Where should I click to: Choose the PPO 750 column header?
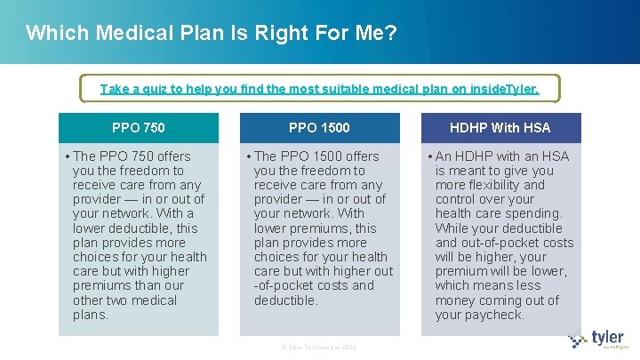139,128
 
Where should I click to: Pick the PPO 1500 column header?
319,128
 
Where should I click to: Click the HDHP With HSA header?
500,128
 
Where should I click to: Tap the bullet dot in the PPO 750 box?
68,156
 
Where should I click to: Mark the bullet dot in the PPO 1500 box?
249,156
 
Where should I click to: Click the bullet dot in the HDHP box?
429,156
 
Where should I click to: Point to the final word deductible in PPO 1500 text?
285,300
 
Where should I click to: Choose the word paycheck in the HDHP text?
494,315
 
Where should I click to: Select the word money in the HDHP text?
456,300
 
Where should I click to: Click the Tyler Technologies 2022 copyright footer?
319,347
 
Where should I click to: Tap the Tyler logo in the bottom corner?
596,339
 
